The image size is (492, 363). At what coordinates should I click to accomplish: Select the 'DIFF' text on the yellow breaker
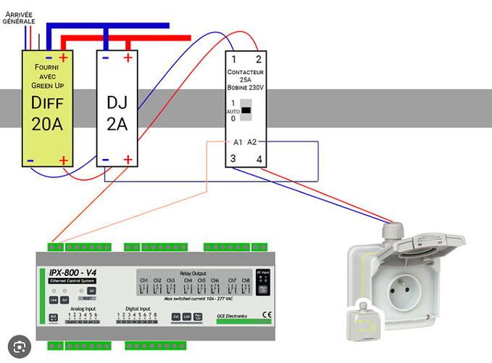[46, 103]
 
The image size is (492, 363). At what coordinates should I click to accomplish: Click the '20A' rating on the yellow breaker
[46, 124]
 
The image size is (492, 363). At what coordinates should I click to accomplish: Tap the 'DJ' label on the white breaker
[116, 103]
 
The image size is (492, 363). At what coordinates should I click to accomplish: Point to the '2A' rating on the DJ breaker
[116, 124]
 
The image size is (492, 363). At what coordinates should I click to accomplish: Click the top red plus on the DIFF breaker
[64, 57]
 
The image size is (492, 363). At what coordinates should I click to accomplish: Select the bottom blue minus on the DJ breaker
[106, 160]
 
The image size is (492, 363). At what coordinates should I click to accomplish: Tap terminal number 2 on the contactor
[257, 60]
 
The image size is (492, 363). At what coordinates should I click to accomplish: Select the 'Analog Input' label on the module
[83, 308]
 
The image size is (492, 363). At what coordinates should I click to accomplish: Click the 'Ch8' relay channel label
[246, 280]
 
